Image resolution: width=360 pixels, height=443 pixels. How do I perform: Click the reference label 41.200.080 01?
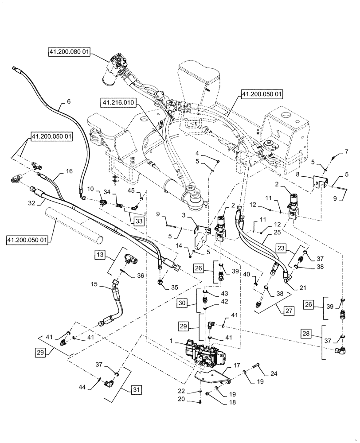pos(70,52)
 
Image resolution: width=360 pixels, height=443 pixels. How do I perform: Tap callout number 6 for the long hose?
pos(69,101)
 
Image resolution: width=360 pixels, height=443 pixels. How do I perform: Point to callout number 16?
pos(69,171)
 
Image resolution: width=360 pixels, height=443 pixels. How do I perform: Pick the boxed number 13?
pos(100,255)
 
